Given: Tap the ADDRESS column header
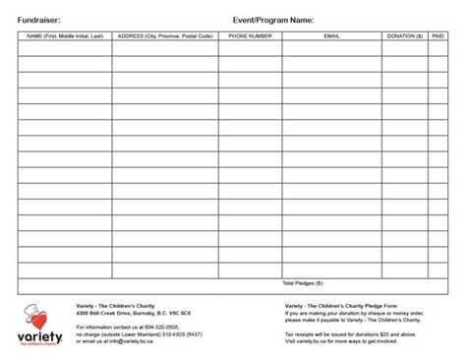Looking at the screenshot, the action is pos(164,36).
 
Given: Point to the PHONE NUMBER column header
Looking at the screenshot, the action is pos(250,36).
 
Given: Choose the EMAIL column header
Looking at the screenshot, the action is pos(331,36).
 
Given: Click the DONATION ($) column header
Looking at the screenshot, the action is pos(404,36).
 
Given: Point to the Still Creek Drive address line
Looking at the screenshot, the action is pos(133,313).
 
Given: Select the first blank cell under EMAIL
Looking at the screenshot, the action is pos(331,48).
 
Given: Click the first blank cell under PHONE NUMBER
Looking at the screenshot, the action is pos(250,48).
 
